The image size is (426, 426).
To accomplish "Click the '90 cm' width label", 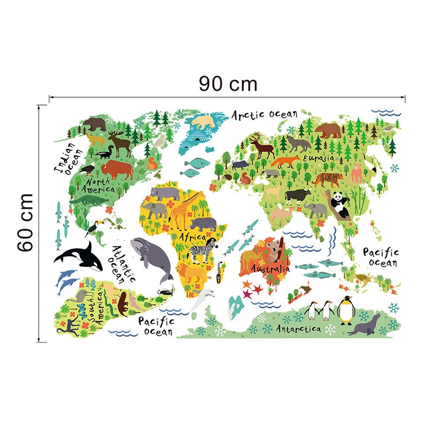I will click(228, 84).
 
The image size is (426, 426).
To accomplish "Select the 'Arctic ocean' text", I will click(264, 114).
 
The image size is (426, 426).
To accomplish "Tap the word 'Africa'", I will click(192, 236).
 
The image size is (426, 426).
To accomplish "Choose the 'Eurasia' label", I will click(318, 158).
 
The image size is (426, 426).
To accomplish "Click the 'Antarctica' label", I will click(298, 329).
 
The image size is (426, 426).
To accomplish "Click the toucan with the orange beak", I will click(95, 228).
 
